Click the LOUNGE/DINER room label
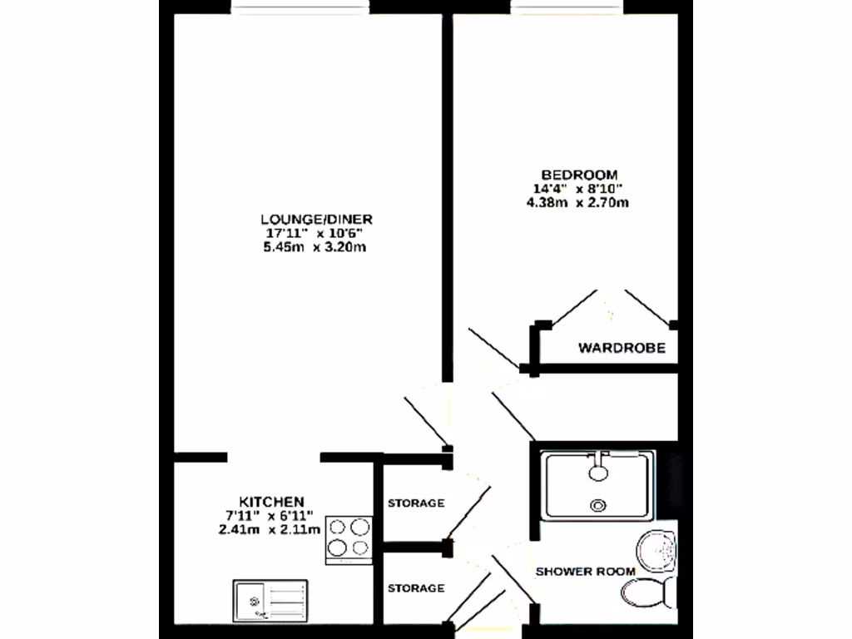tap(315, 219)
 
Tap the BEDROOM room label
tap(579, 175)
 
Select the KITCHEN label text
tap(271, 502)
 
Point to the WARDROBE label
tap(622, 349)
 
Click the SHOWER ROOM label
tap(585, 572)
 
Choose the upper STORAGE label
tap(416, 503)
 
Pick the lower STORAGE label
tap(416, 588)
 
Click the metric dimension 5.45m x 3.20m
tap(315, 247)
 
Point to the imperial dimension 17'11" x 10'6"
tap(315, 233)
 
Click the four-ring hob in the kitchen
tap(349, 537)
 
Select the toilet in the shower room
tap(648, 592)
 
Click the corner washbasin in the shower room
tap(658, 549)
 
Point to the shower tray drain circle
tap(597, 505)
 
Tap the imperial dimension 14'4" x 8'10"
tap(579, 189)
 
